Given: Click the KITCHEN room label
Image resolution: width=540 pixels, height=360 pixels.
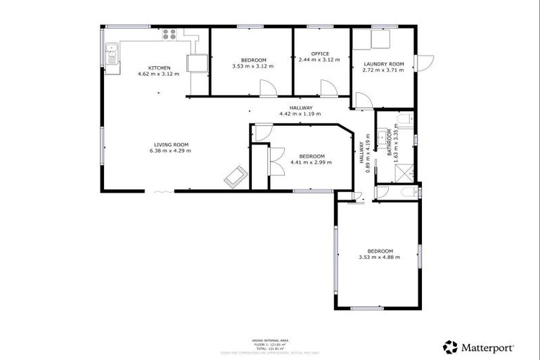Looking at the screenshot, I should click(x=158, y=67).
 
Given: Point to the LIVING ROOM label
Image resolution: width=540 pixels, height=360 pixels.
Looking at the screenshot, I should click(x=169, y=145).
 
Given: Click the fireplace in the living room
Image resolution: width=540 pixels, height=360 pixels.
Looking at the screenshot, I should click(x=234, y=176).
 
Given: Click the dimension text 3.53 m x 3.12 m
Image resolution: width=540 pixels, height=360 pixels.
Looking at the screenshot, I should click(x=252, y=66).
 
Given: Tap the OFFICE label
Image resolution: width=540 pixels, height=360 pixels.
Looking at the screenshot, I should click(x=321, y=54).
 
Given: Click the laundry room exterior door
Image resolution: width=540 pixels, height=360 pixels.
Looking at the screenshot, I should click(x=425, y=63).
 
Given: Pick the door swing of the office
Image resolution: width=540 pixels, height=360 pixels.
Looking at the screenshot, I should click(x=328, y=88).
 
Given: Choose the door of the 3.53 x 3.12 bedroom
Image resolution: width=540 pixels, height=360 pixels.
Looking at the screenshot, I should click(x=267, y=88).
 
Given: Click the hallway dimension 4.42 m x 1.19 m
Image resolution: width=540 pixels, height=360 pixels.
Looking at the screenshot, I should click(x=300, y=114).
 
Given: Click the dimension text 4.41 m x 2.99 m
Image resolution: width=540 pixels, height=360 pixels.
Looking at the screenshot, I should click(x=311, y=162).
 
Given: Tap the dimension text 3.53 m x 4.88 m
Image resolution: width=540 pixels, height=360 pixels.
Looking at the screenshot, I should click(x=380, y=257).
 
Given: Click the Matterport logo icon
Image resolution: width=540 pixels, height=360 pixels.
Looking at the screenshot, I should click(x=450, y=347).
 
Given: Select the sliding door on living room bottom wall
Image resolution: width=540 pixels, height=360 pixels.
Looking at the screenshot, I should click(x=160, y=191).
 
